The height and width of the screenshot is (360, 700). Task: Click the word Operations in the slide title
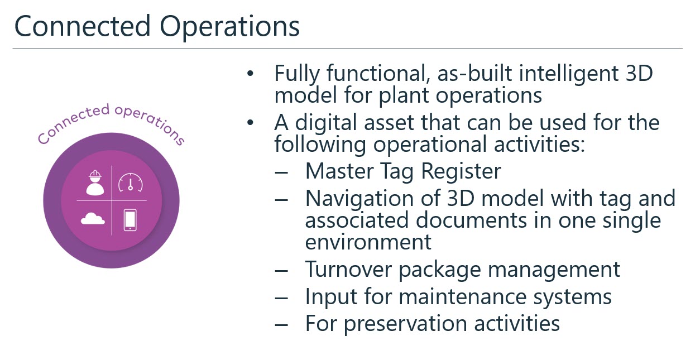pos(229,27)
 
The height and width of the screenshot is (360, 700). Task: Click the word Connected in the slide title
pos(83,26)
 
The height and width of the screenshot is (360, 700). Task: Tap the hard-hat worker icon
pos(95,183)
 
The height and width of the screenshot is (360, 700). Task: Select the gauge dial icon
pos(131,183)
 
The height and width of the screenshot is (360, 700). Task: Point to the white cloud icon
pos(93,218)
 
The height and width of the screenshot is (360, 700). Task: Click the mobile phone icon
pos(130,220)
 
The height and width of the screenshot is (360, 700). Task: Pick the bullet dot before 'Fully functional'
pos(250,74)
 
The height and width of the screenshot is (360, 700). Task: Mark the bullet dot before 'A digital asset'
pos(250,123)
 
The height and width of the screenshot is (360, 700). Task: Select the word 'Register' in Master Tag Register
pos(461,172)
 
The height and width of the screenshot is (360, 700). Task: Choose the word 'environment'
pos(368,242)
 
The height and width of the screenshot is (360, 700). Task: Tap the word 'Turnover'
pos(348,269)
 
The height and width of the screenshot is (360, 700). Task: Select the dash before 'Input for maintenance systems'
pos(281,298)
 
